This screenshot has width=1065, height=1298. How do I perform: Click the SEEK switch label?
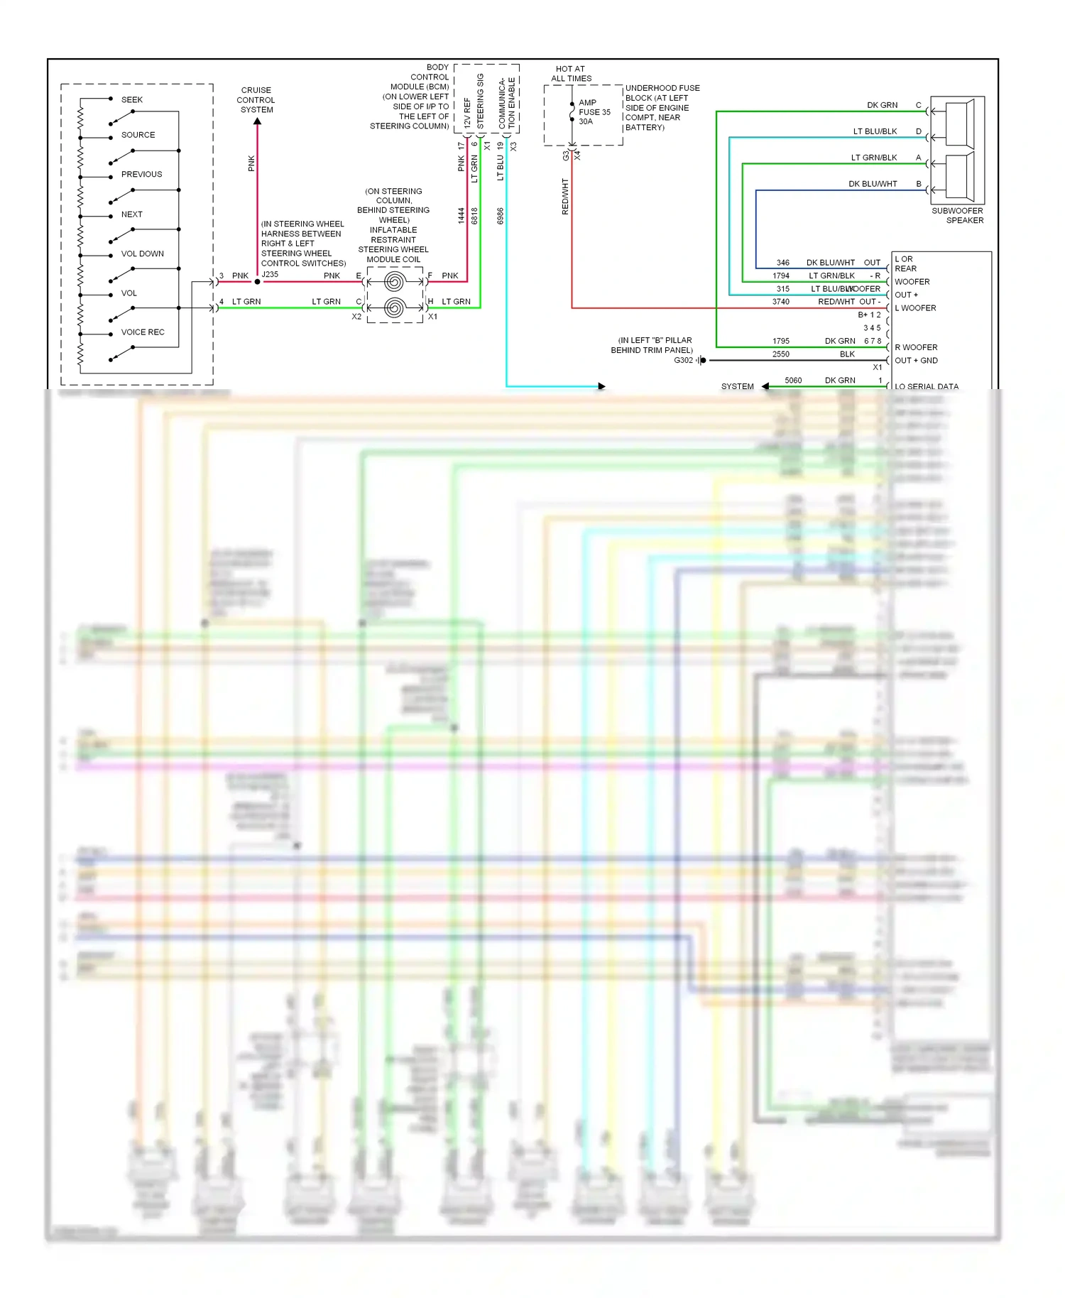(x=131, y=99)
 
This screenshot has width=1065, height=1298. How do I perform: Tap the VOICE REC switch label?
(x=142, y=332)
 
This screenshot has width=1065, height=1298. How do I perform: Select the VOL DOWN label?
(x=142, y=253)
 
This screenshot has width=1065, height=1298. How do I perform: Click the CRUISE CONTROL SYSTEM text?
(x=256, y=100)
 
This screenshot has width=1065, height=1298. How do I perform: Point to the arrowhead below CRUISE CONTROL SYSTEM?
(x=257, y=121)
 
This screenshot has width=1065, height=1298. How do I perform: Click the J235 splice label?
(x=270, y=274)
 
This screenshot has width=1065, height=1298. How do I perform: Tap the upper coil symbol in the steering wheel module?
(x=394, y=283)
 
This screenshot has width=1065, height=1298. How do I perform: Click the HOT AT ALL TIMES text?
(x=571, y=74)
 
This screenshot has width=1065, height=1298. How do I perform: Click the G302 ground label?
(x=683, y=360)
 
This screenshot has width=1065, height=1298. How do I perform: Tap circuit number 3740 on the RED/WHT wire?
(x=781, y=302)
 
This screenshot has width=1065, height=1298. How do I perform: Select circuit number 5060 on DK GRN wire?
(x=793, y=381)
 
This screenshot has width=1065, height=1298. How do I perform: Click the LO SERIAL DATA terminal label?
(x=926, y=386)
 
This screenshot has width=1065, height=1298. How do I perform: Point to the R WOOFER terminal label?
(x=916, y=347)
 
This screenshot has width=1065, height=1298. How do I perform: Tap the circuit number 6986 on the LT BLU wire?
(x=500, y=216)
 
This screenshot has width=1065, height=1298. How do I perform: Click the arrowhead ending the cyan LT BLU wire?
(x=601, y=386)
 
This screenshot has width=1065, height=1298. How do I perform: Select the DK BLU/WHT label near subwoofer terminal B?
(x=873, y=184)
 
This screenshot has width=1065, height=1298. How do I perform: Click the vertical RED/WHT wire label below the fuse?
(x=565, y=197)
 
